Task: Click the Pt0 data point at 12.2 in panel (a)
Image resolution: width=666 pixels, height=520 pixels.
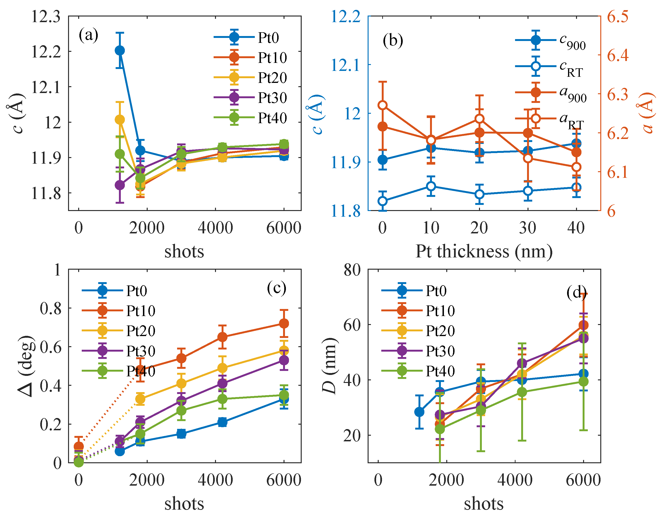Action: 120,50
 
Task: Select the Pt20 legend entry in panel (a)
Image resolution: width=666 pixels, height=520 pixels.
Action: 250,77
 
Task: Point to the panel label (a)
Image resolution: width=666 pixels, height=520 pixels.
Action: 89,35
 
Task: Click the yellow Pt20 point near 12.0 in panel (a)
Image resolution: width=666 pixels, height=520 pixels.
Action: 120,120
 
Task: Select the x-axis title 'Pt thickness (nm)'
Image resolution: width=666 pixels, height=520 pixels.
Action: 484,252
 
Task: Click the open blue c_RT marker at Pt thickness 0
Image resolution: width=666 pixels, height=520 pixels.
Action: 383,201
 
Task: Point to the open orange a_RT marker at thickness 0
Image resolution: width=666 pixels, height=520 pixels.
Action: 383,106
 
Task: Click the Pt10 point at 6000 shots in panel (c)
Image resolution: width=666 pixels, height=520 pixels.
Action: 284,323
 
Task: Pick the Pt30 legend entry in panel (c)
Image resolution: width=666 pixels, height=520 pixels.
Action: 119,351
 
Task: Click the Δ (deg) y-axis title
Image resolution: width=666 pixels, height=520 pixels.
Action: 26,366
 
